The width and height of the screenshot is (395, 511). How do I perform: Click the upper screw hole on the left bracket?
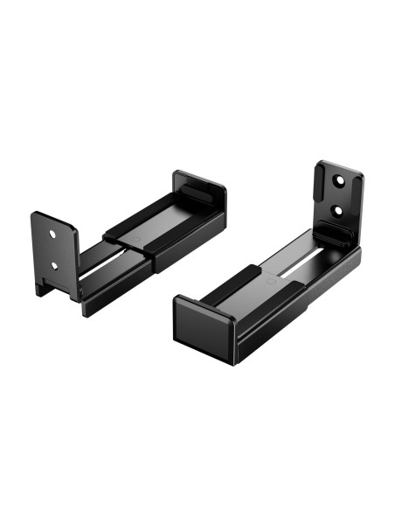(53, 235)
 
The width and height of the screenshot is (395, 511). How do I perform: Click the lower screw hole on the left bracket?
(53, 263)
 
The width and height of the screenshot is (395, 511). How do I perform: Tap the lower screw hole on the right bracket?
(336, 210)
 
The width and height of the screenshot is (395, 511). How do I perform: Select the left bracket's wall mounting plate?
(54, 249)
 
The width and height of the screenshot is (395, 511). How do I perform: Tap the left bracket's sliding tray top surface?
(153, 219)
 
